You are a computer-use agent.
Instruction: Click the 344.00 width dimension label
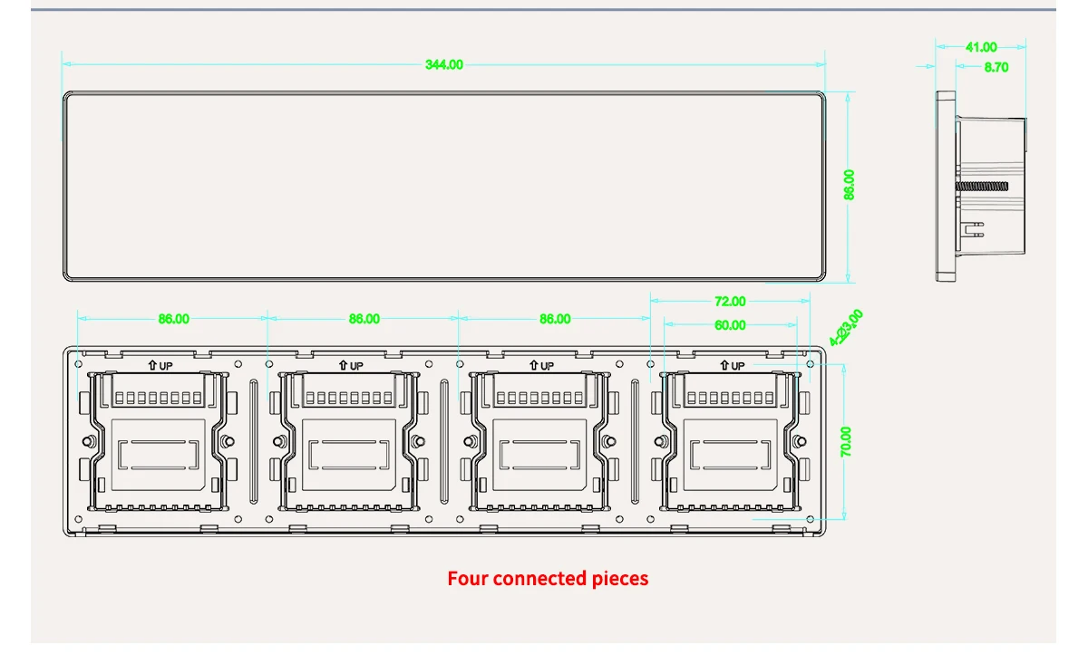point(444,64)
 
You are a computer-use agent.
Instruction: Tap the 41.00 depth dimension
point(981,47)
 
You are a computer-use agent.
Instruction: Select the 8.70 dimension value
point(996,67)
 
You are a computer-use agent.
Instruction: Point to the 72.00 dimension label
point(730,302)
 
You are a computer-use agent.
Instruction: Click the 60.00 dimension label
point(730,325)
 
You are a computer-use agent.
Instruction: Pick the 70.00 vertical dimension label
point(846,442)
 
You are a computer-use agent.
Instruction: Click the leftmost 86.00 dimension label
point(173,319)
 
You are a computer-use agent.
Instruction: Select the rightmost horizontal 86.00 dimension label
point(555,319)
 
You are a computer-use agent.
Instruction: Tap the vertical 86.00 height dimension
point(850,185)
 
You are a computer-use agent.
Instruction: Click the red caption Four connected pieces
point(548,578)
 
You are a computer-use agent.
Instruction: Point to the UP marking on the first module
point(160,366)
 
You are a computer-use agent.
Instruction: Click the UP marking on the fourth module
point(732,366)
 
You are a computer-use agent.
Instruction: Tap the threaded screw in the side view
point(983,187)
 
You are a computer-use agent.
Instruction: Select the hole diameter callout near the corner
point(847,327)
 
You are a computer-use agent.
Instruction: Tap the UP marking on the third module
point(541,366)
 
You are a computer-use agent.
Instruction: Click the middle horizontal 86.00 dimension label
point(364,319)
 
